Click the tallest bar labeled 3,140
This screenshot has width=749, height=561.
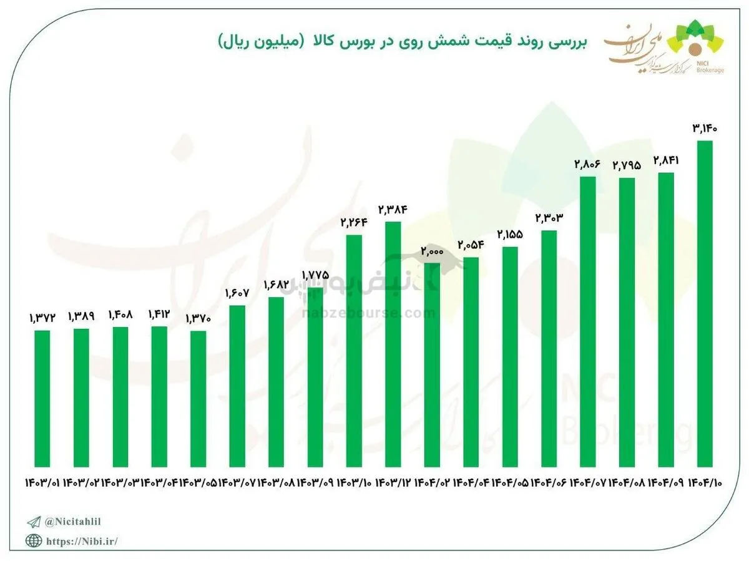(x=705, y=304)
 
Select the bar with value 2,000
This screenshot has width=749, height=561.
(x=432, y=365)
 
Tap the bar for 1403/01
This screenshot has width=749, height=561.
(x=42, y=398)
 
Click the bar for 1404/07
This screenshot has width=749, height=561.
(x=587, y=322)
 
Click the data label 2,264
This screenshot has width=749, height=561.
(x=354, y=223)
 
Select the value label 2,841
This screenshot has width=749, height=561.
(x=665, y=160)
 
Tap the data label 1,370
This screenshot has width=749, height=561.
(x=198, y=319)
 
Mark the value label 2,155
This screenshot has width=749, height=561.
(x=510, y=235)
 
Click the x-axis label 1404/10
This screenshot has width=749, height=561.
(x=706, y=483)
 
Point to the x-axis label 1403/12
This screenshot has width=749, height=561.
(x=394, y=483)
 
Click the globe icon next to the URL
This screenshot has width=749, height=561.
(x=33, y=541)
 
